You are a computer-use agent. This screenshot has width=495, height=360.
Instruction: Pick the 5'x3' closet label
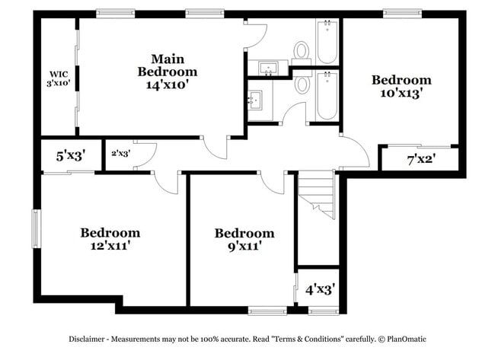(70, 155)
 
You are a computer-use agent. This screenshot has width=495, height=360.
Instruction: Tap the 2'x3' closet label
(120, 153)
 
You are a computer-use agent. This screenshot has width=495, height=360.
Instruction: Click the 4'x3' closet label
(320, 289)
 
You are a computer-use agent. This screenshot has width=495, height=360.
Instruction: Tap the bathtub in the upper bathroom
(327, 42)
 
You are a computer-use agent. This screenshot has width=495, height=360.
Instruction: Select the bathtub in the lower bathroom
(327, 95)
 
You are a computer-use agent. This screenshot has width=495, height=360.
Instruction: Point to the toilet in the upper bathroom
(302, 53)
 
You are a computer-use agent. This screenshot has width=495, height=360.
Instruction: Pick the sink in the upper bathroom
(268, 69)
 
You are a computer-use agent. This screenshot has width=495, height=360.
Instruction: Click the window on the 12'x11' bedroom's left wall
(35, 228)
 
